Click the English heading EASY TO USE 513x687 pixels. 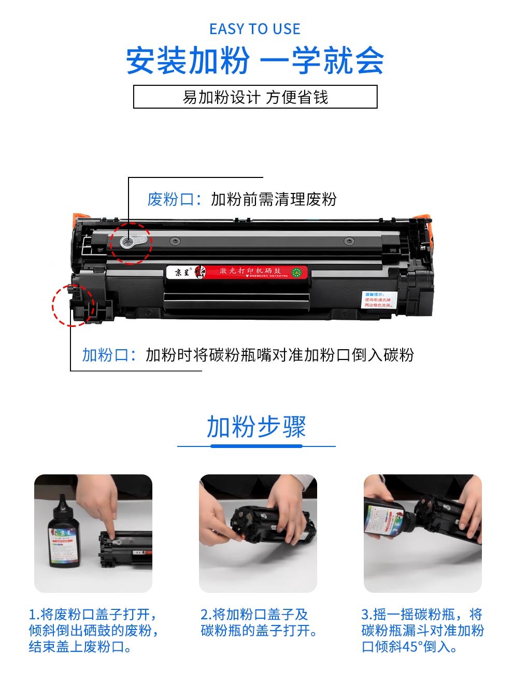(x=255, y=29)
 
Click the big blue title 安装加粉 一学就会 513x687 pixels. (x=255, y=61)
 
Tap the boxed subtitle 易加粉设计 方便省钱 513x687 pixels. (x=255, y=97)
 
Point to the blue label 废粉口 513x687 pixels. (x=169, y=199)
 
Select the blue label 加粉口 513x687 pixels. (x=104, y=355)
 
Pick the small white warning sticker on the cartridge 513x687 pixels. (x=378, y=300)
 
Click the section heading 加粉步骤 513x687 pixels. (x=256, y=427)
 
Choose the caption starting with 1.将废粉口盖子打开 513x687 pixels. (x=93, y=630)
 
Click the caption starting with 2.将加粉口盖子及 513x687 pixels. (x=259, y=622)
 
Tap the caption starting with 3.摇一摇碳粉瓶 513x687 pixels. (x=422, y=630)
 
